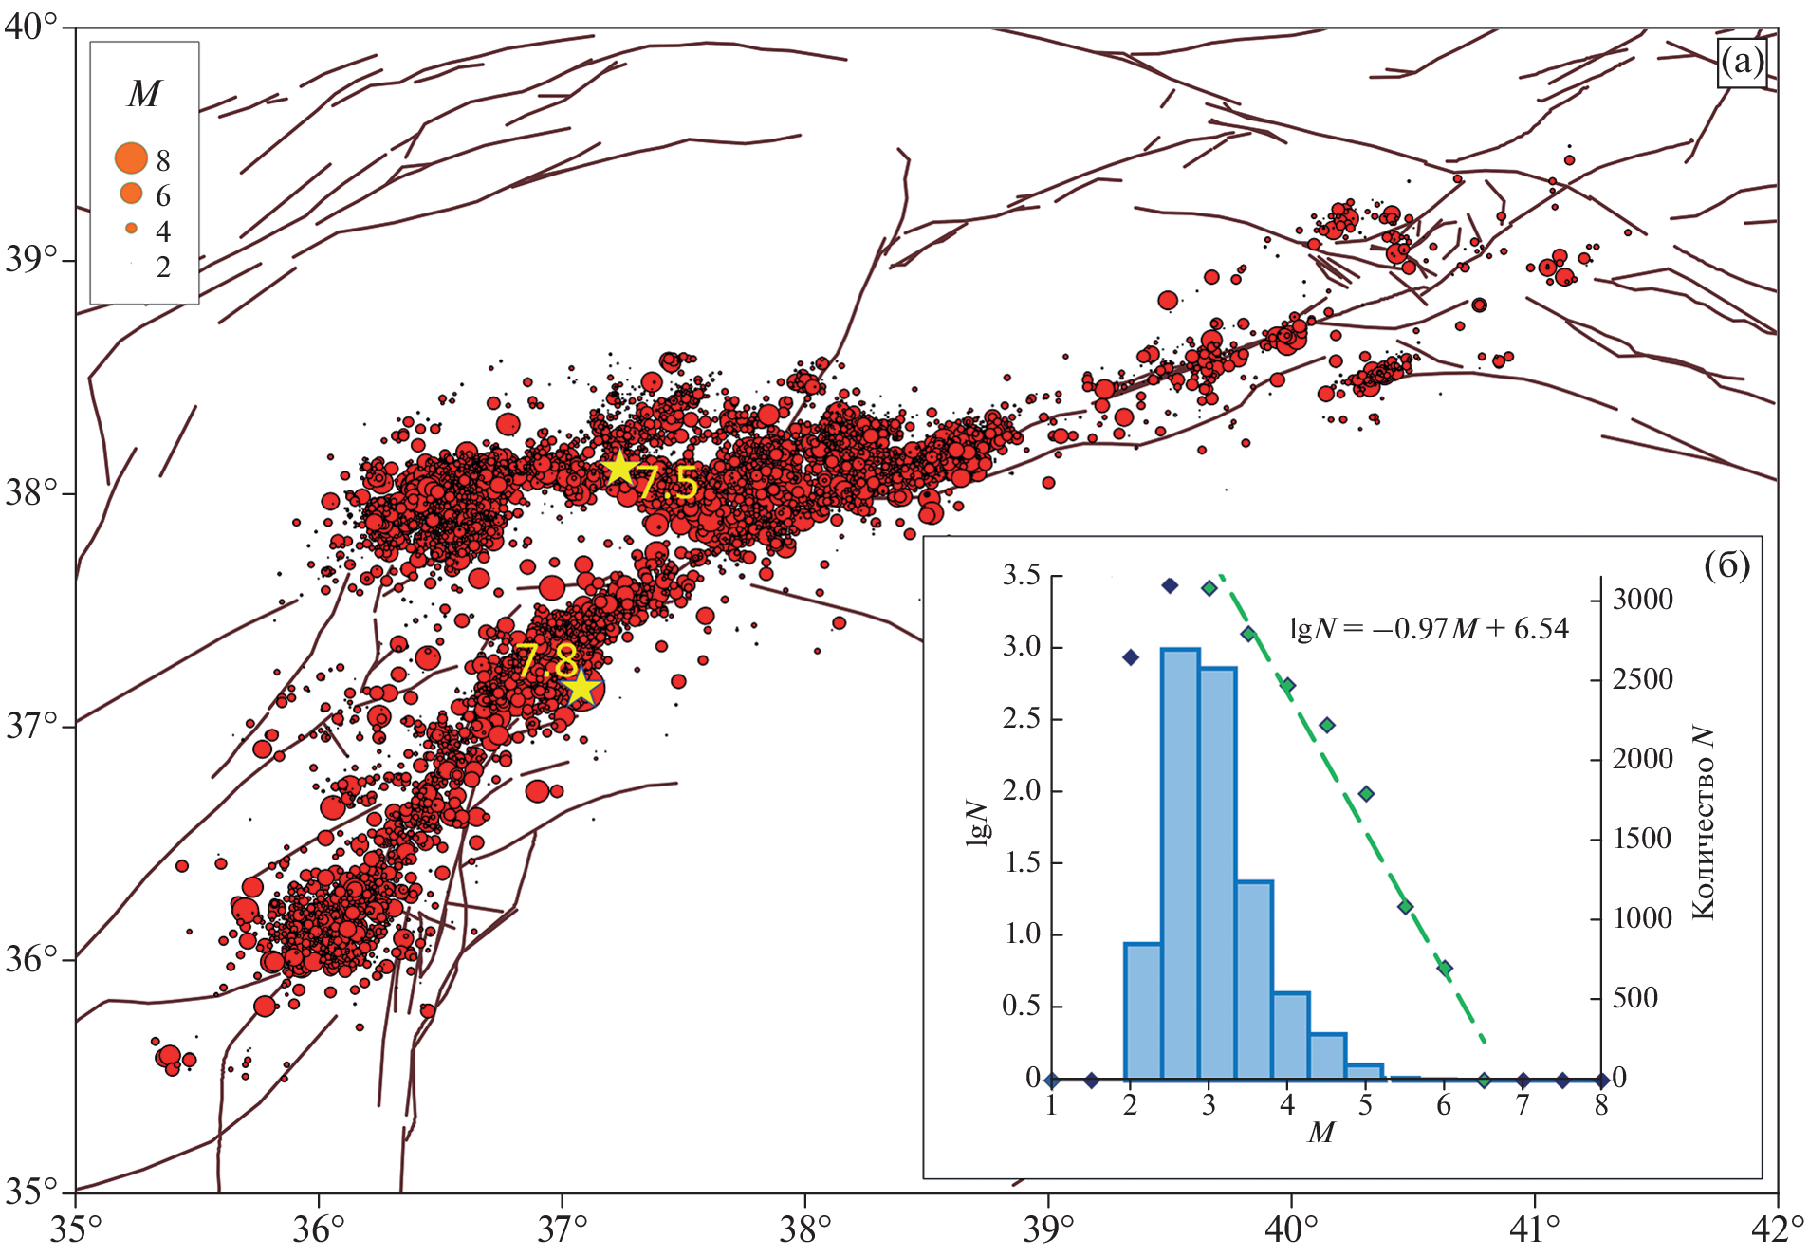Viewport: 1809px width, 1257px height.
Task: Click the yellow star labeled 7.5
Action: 619,468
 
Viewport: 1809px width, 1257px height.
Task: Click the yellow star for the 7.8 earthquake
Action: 581,688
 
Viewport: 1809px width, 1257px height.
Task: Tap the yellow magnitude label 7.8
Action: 546,658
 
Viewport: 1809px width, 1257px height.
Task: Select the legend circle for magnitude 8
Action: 131,158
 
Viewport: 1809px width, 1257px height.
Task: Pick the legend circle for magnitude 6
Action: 131,194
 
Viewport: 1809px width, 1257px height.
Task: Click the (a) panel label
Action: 1742,64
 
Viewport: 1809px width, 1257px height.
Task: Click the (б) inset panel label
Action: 1726,565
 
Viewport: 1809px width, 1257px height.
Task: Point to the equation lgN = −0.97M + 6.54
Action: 1429,628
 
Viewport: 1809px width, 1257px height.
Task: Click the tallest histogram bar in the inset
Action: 1180,863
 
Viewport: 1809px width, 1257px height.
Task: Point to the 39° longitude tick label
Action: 1047,1229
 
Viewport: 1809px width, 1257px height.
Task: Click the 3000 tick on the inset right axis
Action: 1643,600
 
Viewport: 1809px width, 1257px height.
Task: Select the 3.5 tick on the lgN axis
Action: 1021,576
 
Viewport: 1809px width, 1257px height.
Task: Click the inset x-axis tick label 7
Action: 1523,1105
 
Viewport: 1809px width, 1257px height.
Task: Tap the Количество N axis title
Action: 1704,823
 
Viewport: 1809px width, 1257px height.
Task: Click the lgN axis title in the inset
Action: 977,822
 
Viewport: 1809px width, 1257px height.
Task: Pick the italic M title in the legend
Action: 144,94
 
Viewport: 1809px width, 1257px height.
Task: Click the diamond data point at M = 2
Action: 1130,657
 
